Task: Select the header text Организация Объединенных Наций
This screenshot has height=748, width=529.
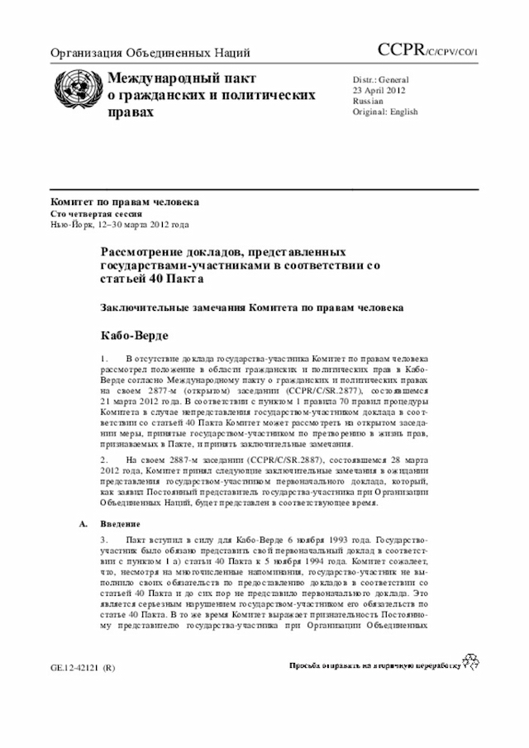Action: click(x=150, y=55)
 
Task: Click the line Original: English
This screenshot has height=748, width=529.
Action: click(x=385, y=112)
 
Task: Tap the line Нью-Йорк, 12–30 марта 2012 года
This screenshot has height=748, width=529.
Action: click(x=120, y=224)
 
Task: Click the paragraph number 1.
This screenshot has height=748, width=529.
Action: click(x=104, y=360)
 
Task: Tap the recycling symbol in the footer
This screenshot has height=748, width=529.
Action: click(x=470, y=660)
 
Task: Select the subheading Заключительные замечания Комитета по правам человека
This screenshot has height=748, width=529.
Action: click(x=252, y=307)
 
